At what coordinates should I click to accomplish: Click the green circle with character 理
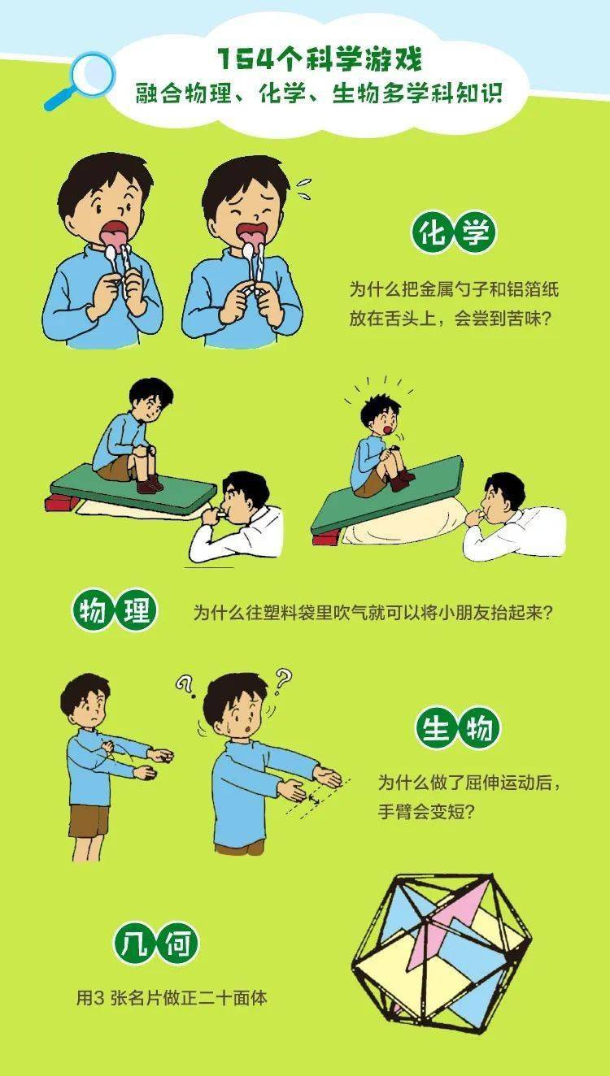coord(136,611)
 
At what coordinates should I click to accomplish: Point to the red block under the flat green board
coord(60,504)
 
